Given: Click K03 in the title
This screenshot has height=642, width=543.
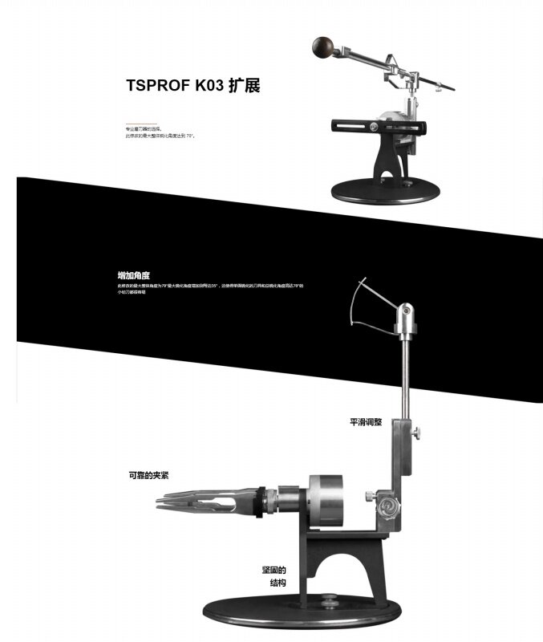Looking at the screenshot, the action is [x=205, y=86].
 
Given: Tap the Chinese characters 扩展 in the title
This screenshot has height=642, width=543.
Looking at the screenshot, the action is [x=244, y=86].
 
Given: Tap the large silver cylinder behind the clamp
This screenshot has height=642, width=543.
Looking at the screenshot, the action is [x=326, y=501].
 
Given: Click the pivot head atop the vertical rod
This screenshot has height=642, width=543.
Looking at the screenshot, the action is [x=408, y=317].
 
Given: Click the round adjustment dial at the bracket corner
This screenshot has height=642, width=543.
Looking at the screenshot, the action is [x=389, y=506].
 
